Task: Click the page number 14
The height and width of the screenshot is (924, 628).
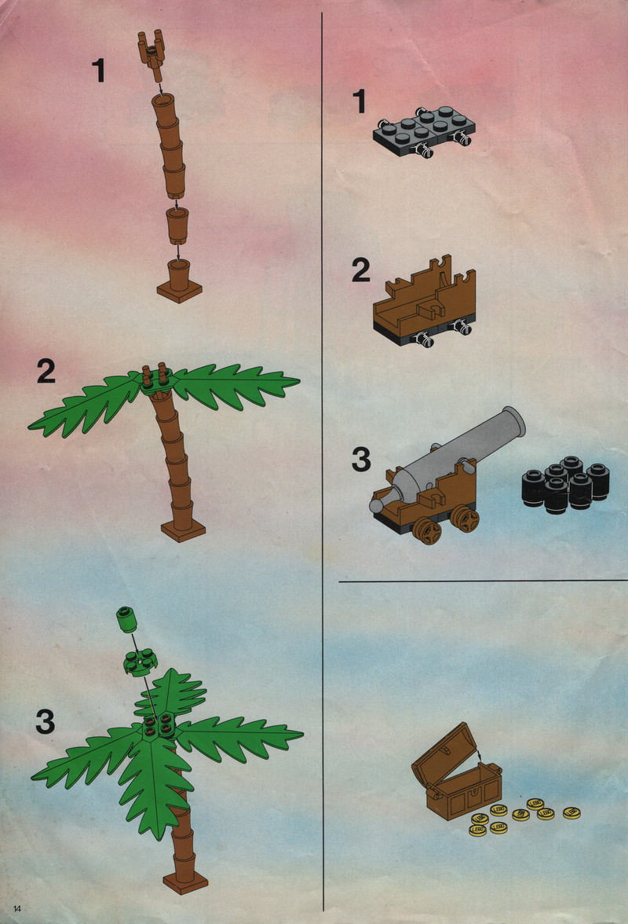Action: (17, 908)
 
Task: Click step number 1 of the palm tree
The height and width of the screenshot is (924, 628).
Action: (99, 70)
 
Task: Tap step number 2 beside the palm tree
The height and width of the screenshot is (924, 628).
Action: (46, 371)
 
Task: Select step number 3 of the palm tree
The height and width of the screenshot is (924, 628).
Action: (46, 721)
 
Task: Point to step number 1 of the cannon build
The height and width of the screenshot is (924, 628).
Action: (359, 101)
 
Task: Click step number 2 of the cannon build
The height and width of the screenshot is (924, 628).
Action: (361, 270)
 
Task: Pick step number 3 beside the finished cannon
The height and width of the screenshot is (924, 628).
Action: (361, 460)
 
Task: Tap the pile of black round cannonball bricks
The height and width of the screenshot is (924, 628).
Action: (566, 484)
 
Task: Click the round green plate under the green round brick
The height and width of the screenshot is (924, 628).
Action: (140, 663)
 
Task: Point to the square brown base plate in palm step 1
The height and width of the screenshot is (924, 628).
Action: (180, 290)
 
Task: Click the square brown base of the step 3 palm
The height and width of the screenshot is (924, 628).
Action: (185, 882)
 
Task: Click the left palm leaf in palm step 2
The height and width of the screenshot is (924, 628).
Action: (86, 403)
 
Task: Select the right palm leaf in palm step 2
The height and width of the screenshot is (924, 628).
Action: (235, 385)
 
